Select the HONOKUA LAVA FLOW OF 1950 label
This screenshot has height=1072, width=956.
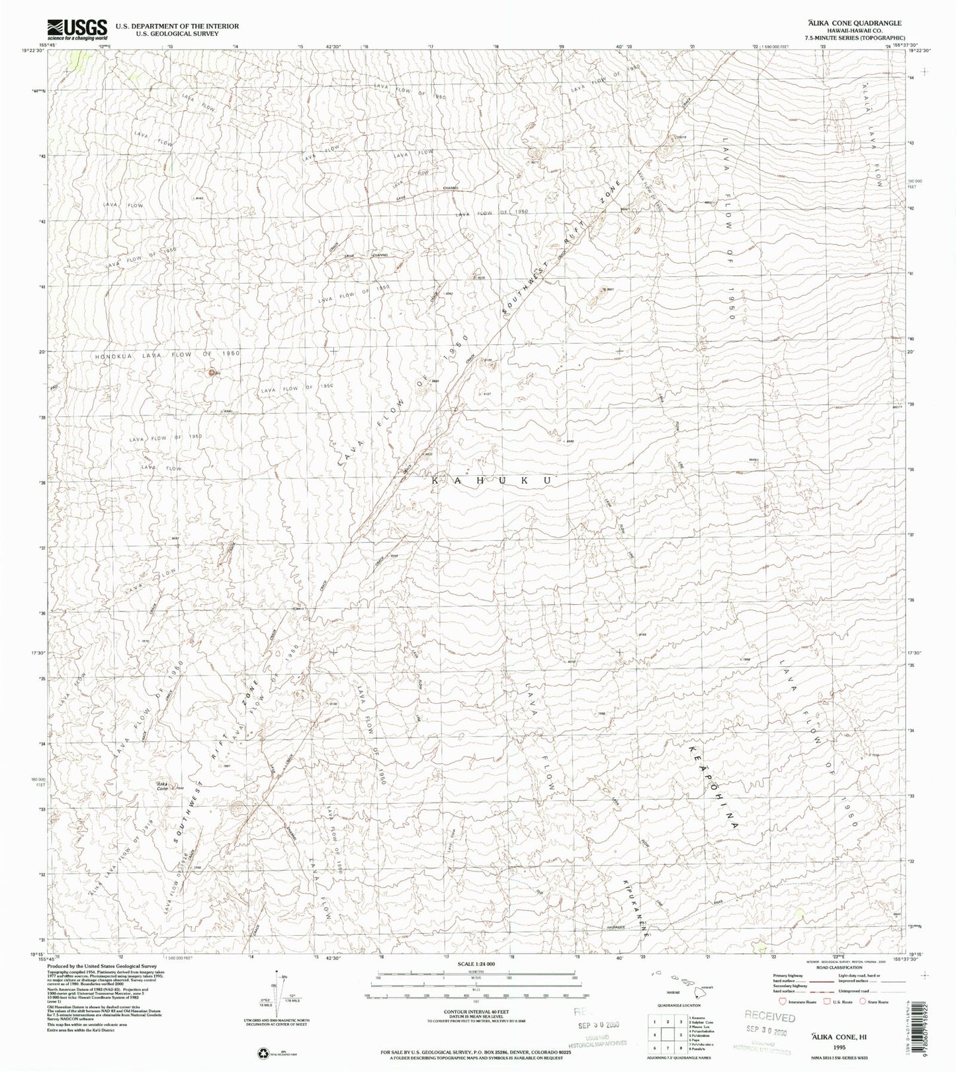coord(167,355)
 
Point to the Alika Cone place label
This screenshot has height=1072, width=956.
coord(161,785)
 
